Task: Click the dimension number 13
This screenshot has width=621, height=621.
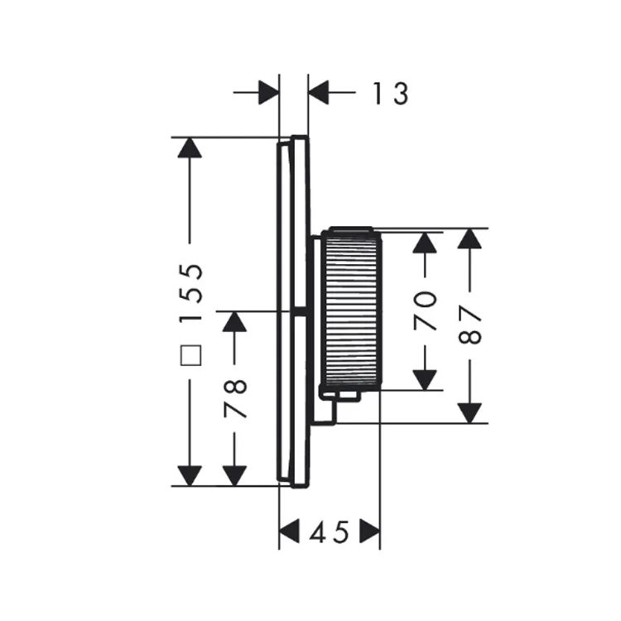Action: (391, 94)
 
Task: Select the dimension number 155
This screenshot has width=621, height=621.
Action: (191, 293)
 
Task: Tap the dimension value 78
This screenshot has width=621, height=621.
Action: (236, 398)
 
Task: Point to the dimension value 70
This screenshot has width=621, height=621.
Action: (425, 310)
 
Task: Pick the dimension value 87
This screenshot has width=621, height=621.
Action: (469, 325)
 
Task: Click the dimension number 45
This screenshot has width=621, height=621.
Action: (330, 532)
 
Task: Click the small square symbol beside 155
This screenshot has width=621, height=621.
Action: (191, 355)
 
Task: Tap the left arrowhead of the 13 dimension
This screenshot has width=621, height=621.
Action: (269, 93)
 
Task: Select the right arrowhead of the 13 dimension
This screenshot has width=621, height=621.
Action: (319, 93)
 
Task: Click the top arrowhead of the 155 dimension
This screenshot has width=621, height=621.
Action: (190, 147)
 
